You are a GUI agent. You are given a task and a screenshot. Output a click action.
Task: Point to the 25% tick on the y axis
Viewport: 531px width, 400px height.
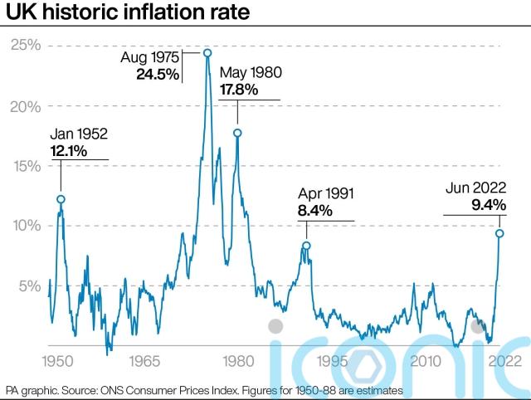pyautogui.click(x=25, y=46)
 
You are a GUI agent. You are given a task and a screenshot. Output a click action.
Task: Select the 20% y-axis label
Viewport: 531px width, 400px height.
pyautogui.click(x=25, y=106)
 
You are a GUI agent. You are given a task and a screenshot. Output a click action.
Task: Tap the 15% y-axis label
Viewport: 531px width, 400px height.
pyautogui.click(x=25, y=166)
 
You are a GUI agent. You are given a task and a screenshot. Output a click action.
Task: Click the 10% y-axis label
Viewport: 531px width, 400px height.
pyautogui.click(x=25, y=226)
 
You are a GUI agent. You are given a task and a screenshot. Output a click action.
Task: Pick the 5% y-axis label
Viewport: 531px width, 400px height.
pyautogui.click(x=28, y=285)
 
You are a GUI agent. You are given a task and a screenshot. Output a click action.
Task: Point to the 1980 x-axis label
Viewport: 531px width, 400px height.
pyautogui.click(x=236, y=362)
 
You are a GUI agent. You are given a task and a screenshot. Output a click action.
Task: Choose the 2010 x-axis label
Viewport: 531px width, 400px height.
pyautogui.click(x=425, y=362)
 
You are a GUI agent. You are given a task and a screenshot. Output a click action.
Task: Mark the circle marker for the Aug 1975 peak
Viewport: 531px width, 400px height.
pyautogui.click(x=207, y=53)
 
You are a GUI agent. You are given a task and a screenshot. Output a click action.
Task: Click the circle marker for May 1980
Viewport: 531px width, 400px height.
pyautogui.click(x=237, y=133)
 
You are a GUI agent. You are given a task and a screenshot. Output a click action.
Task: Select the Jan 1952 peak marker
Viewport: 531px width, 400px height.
pyautogui.click(x=61, y=199)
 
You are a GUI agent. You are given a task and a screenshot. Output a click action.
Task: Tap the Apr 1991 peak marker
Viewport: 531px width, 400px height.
pyautogui.click(x=306, y=246)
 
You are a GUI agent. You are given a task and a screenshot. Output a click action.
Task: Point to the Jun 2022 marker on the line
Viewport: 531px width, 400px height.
pyautogui.click(x=499, y=233)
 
